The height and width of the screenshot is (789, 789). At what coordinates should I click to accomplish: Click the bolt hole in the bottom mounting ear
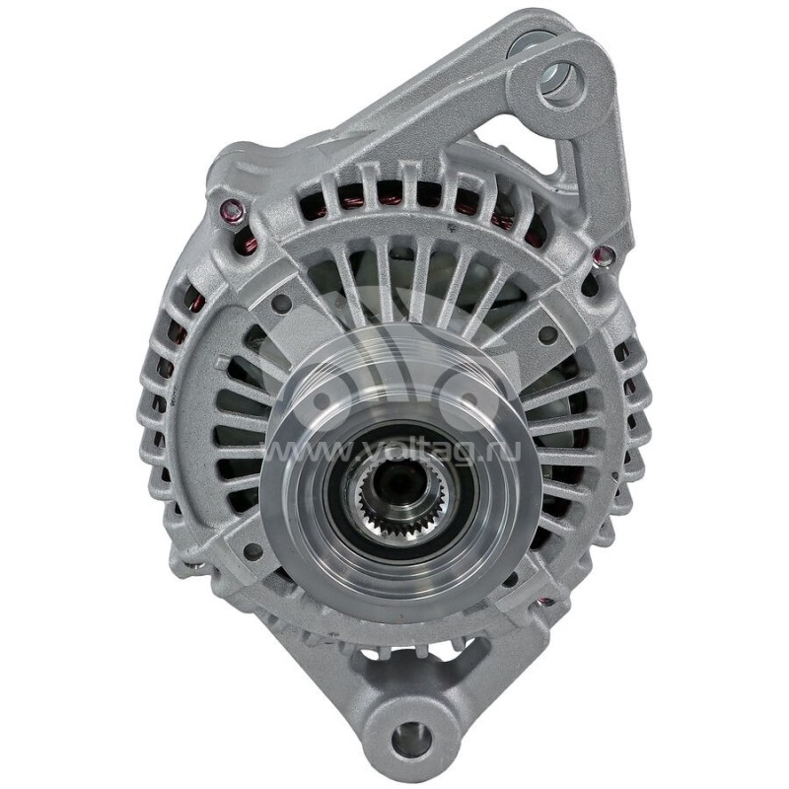pyautogui.click(x=412, y=736)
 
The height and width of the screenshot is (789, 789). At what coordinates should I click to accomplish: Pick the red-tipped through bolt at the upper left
pyautogui.click(x=232, y=210)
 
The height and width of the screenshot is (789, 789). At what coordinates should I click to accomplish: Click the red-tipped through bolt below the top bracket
pyautogui.click(x=604, y=256)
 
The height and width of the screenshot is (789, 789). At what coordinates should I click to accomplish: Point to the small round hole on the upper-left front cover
pyautogui.click(x=281, y=303)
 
